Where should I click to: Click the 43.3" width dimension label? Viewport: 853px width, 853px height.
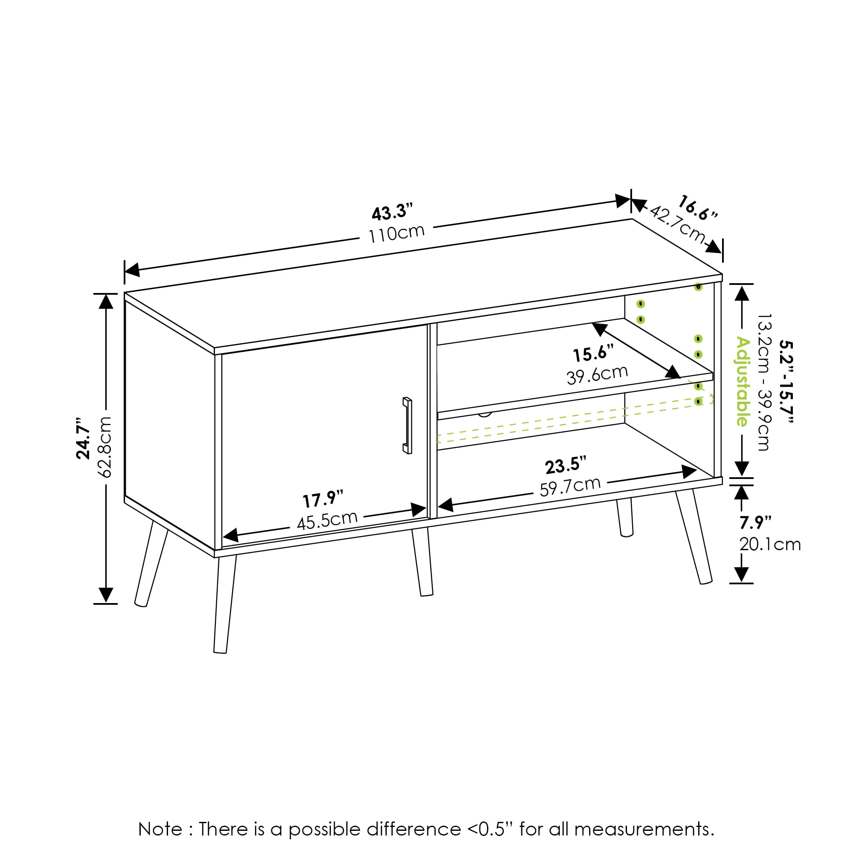392,212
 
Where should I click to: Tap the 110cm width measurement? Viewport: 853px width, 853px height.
397,234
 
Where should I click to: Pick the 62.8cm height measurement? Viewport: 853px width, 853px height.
105,447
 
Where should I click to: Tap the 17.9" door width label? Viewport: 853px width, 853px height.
323,499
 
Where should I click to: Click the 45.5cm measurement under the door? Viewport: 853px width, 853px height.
327,520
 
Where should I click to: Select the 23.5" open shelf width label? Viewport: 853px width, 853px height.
566,466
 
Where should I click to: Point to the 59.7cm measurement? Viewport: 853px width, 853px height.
570,487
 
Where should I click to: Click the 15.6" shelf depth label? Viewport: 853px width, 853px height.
593,354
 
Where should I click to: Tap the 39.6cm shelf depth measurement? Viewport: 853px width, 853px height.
597,375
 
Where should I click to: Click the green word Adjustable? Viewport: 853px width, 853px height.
743,381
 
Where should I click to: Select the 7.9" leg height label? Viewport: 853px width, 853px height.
755,523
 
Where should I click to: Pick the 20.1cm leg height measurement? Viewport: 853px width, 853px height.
770,544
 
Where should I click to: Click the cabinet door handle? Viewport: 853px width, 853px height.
407,426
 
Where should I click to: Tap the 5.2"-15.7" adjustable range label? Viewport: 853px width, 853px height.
786,381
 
